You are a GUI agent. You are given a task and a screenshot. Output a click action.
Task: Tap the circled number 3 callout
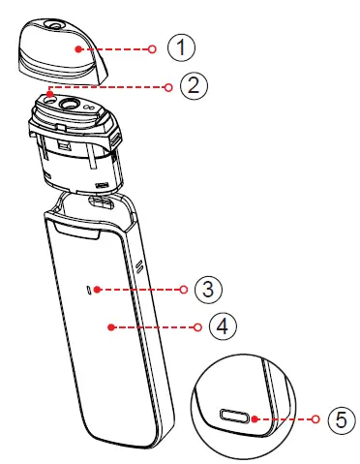tap(206, 289)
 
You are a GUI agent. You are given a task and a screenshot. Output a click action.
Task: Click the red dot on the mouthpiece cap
tap(77, 46)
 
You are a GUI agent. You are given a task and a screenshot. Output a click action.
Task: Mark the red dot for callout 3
tap(104, 289)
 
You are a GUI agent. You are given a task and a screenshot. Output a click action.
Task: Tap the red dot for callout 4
tap(111, 327)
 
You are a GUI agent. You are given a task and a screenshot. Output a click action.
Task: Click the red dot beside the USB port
tap(254, 418)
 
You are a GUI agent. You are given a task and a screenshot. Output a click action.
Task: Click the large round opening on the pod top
tap(70, 104)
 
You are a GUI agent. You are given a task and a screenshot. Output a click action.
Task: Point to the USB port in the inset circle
tap(234, 417)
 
